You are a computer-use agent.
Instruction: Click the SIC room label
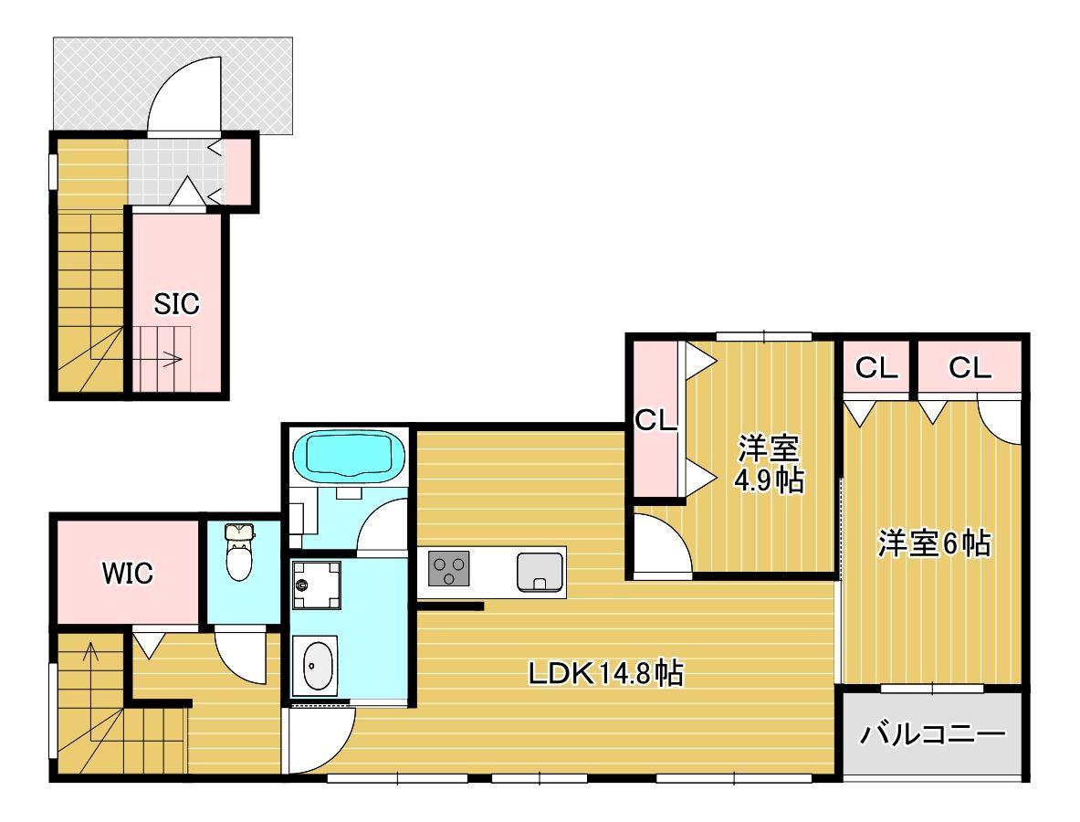click(176, 304)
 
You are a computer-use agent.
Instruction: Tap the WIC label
click(127, 574)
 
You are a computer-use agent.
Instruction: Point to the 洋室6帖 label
click(934, 544)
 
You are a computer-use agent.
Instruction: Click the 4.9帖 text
click(770, 480)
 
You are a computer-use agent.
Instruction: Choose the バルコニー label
click(932, 734)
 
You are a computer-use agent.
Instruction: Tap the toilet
click(239, 553)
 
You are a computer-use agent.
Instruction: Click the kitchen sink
click(540, 572)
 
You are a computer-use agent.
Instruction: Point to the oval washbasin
click(316, 665)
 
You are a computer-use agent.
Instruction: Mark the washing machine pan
click(315, 585)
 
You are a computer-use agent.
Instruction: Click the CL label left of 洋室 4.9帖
click(655, 421)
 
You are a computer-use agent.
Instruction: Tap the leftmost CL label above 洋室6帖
click(876, 368)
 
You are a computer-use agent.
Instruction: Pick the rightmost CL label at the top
click(969, 368)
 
